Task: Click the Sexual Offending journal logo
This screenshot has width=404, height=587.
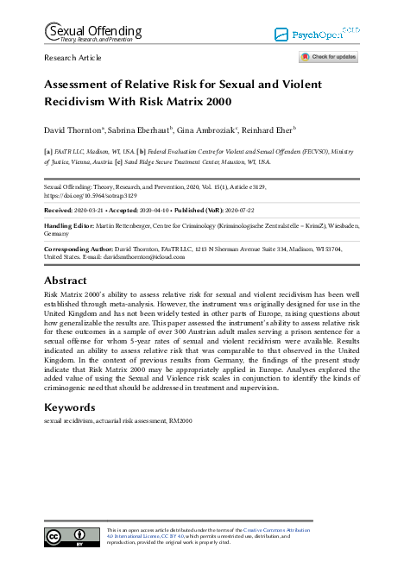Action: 86,33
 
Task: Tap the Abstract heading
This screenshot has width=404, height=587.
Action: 65,281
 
